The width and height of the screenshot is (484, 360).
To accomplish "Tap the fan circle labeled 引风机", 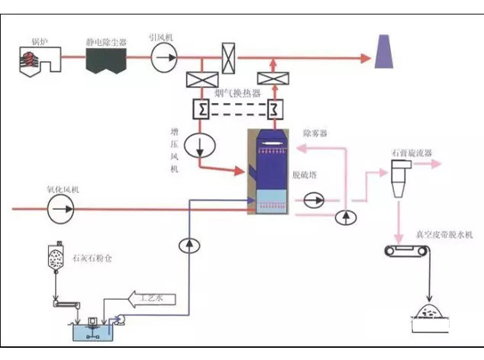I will tap(163, 57).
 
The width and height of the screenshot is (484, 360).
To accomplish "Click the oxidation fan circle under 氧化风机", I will tap(59, 207).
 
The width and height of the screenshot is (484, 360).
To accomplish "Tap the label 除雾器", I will tap(314, 133).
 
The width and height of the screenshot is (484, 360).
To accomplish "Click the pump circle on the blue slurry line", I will tap(188, 244).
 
